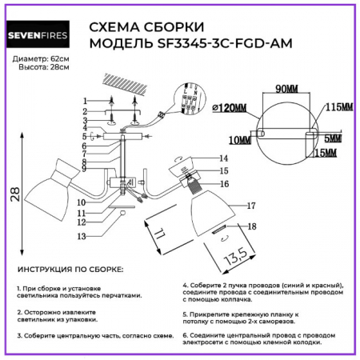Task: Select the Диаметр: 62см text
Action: tap(42, 59)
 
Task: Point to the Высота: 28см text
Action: tap(42, 69)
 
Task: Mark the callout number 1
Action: tap(86, 100)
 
